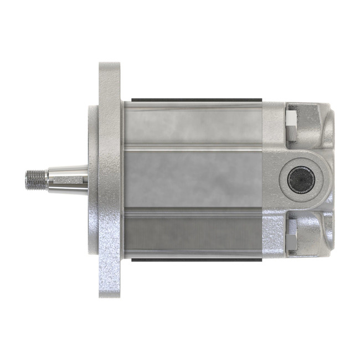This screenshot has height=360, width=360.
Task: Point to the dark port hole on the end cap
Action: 301,179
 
